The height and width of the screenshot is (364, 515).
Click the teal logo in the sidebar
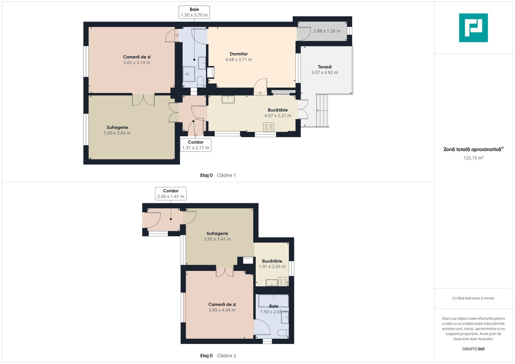[474, 28]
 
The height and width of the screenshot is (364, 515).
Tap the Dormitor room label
[239, 54]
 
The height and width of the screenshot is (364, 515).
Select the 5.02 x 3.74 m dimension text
[137, 62]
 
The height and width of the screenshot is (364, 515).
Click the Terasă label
[324, 67]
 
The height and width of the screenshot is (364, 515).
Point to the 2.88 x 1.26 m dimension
[327, 31]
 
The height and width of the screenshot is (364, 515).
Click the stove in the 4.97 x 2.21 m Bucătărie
[268, 127]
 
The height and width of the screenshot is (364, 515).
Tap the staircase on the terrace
[322, 110]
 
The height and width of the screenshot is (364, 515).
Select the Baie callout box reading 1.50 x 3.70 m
[194, 12]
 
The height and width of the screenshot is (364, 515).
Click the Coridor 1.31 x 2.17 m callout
[196, 145]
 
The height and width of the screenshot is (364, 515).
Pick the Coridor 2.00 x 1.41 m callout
[171, 193]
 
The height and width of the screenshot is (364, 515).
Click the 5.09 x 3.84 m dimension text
[117, 133]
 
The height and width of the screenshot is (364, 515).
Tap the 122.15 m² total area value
[474, 158]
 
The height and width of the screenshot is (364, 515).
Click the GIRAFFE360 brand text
[473, 349]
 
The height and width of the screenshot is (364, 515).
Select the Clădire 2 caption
[226, 356]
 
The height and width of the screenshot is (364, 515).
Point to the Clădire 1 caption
[226, 175]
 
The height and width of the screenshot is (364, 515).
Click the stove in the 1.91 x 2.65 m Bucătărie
[284, 281]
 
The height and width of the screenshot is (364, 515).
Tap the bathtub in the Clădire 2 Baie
[274, 301]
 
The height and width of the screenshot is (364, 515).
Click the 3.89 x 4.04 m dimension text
[222, 310]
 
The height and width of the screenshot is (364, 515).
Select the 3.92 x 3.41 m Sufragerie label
[217, 236]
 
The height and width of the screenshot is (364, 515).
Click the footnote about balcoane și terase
[473, 298]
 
